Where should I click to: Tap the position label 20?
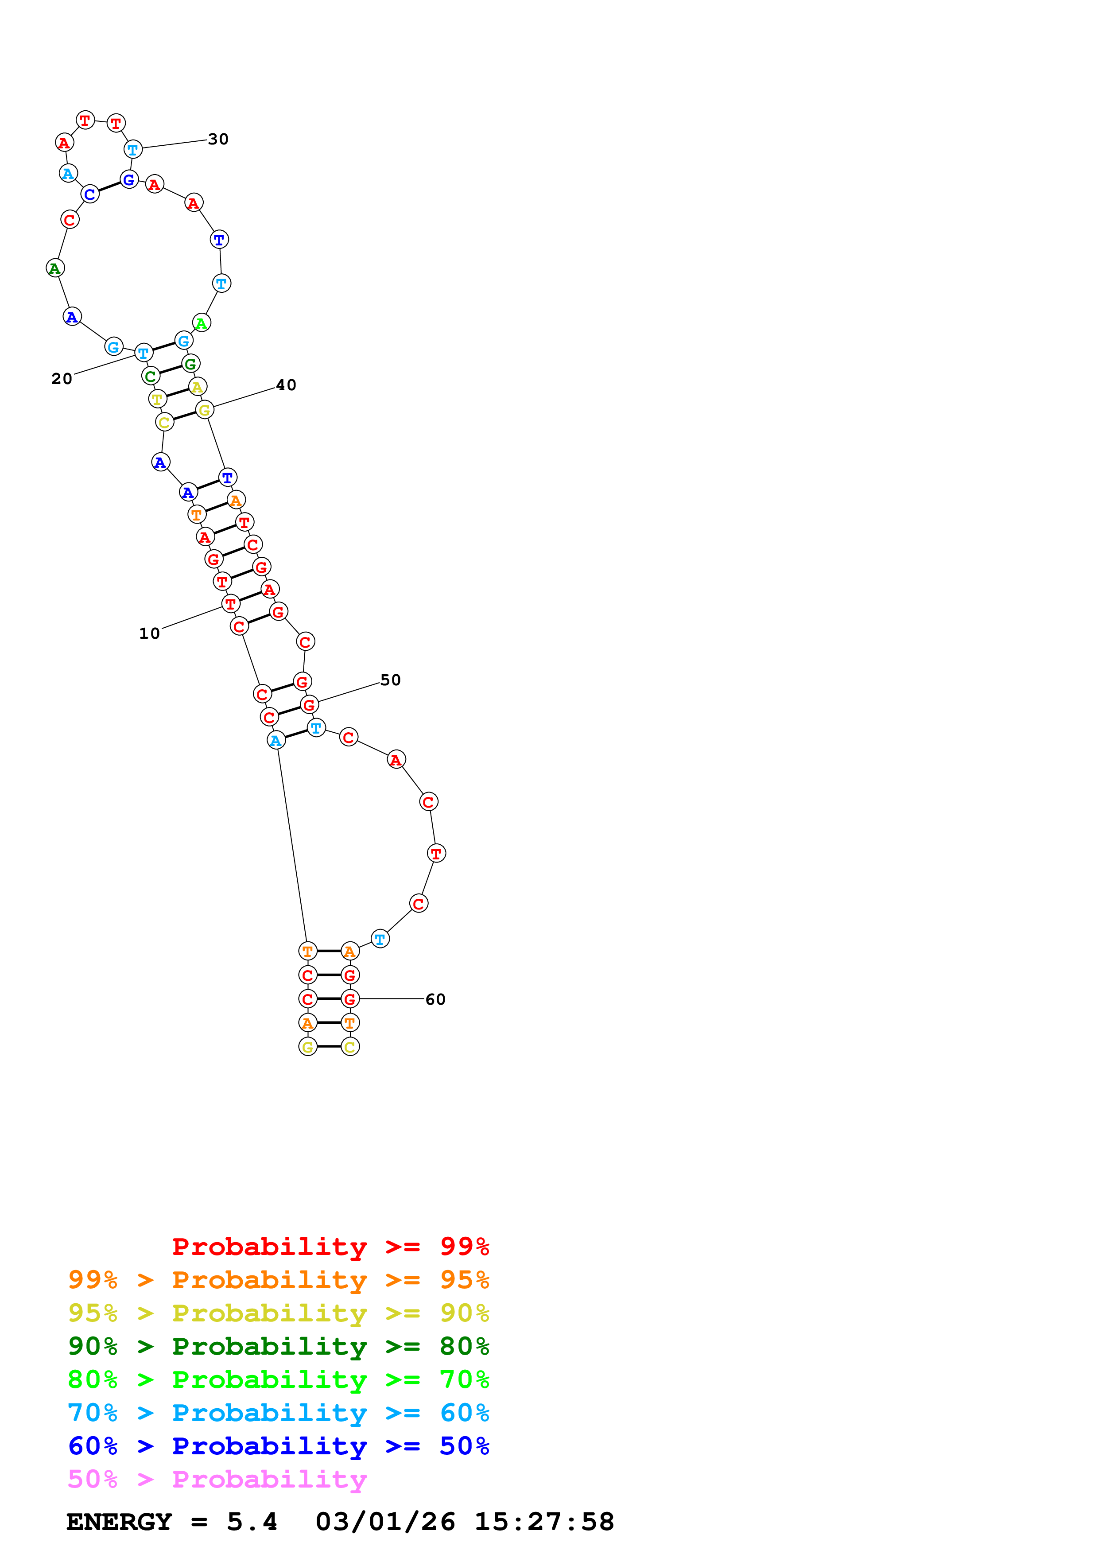[62, 379]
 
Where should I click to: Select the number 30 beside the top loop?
[218, 140]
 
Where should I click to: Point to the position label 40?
[286, 385]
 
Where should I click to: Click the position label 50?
[390, 680]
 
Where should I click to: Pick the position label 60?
[435, 1000]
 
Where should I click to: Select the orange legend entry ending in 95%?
[278, 1280]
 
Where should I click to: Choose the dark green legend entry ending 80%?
[278, 1346]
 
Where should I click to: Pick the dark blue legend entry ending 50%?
[278, 1446]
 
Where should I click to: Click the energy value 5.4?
[252, 1522]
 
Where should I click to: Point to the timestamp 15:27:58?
[544, 1522]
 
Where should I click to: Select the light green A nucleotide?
[202, 323]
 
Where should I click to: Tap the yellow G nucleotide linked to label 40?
[204, 409]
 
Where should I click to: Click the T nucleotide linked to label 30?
[132, 150]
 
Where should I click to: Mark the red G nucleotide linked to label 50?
[309, 705]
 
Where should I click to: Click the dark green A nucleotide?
[55, 268]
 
